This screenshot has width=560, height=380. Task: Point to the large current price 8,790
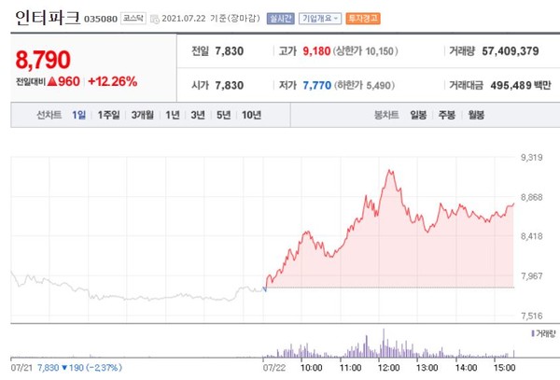43,61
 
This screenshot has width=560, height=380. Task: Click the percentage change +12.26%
112,81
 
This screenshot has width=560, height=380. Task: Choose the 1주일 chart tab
108,116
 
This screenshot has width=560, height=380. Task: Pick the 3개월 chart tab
143,116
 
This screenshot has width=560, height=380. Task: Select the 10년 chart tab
251,116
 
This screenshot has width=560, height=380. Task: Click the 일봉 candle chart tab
418,116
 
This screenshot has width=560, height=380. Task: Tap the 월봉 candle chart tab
476,116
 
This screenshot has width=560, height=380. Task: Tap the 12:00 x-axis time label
389,368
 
